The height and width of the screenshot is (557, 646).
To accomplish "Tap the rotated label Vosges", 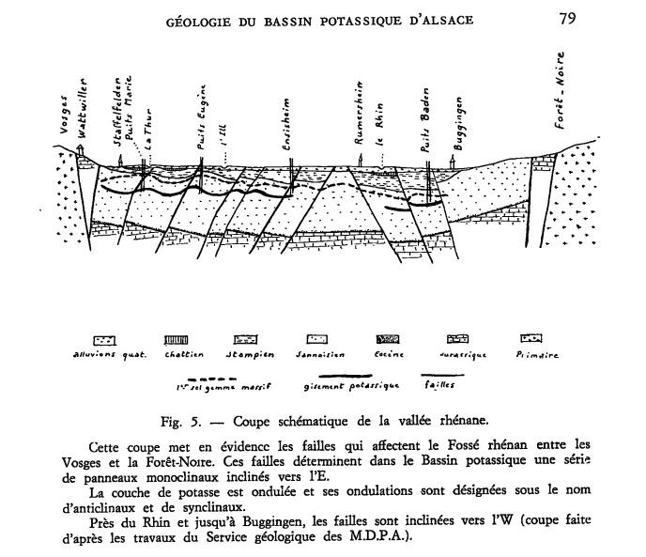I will tap(64, 122).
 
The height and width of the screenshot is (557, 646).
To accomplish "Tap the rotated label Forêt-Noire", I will tap(567, 102).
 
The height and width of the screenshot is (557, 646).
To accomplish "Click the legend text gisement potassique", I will tap(340, 385).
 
